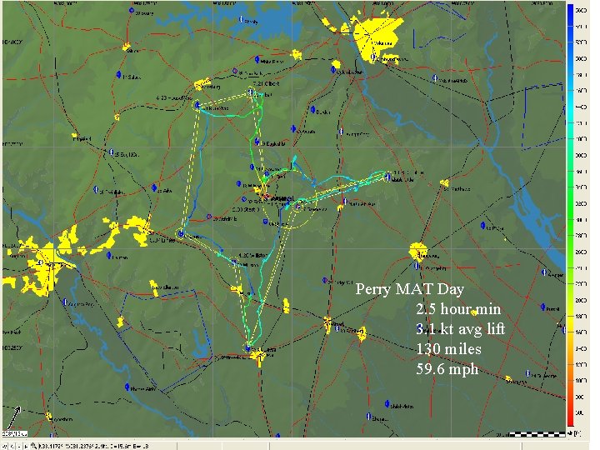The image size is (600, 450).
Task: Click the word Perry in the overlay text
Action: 373,290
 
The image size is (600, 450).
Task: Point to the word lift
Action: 491,329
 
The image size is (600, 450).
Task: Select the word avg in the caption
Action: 459,329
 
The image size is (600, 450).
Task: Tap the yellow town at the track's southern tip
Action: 259,357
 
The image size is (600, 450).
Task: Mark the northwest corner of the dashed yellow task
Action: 198,106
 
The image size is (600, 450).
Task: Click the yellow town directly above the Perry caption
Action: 417,251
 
